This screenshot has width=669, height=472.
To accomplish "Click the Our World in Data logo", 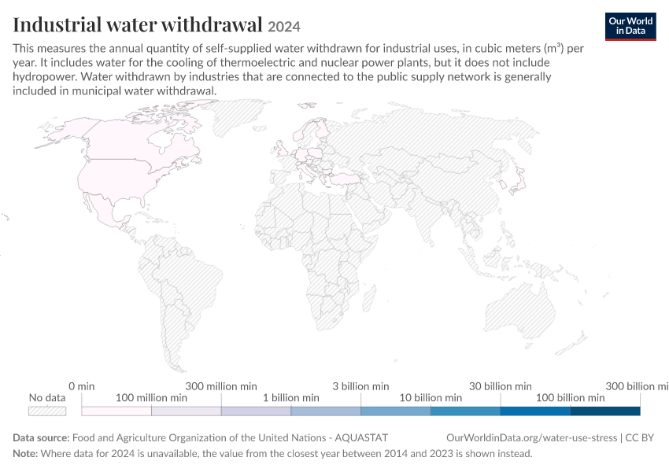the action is click(x=630, y=27).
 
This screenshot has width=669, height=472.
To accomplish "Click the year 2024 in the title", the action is click(x=284, y=27).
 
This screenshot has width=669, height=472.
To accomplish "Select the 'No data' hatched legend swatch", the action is click(x=47, y=411).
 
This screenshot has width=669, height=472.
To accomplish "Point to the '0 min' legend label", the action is click(x=82, y=386).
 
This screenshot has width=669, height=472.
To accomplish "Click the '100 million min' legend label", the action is click(x=151, y=398).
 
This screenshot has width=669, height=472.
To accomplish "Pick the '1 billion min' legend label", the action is click(x=291, y=398).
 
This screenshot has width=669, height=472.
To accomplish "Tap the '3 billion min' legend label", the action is click(x=361, y=386).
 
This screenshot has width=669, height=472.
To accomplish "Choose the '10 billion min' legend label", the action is click(x=431, y=398).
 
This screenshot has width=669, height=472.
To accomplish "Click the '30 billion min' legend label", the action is click(x=501, y=386).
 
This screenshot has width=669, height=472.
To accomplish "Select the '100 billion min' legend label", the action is click(x=571, y=398).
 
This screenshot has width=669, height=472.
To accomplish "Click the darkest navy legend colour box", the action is click(x=605, y=411).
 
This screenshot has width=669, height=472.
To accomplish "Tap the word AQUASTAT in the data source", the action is click(x=361, y=438).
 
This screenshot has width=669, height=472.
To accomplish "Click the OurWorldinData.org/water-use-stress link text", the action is click(x=531, y=438).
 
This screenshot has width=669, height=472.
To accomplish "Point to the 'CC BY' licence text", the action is click(x=640, y=438).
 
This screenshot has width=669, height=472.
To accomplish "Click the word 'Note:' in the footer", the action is click(x=25, y=453).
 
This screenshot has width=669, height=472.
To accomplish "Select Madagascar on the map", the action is click(x=370, y=297).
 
